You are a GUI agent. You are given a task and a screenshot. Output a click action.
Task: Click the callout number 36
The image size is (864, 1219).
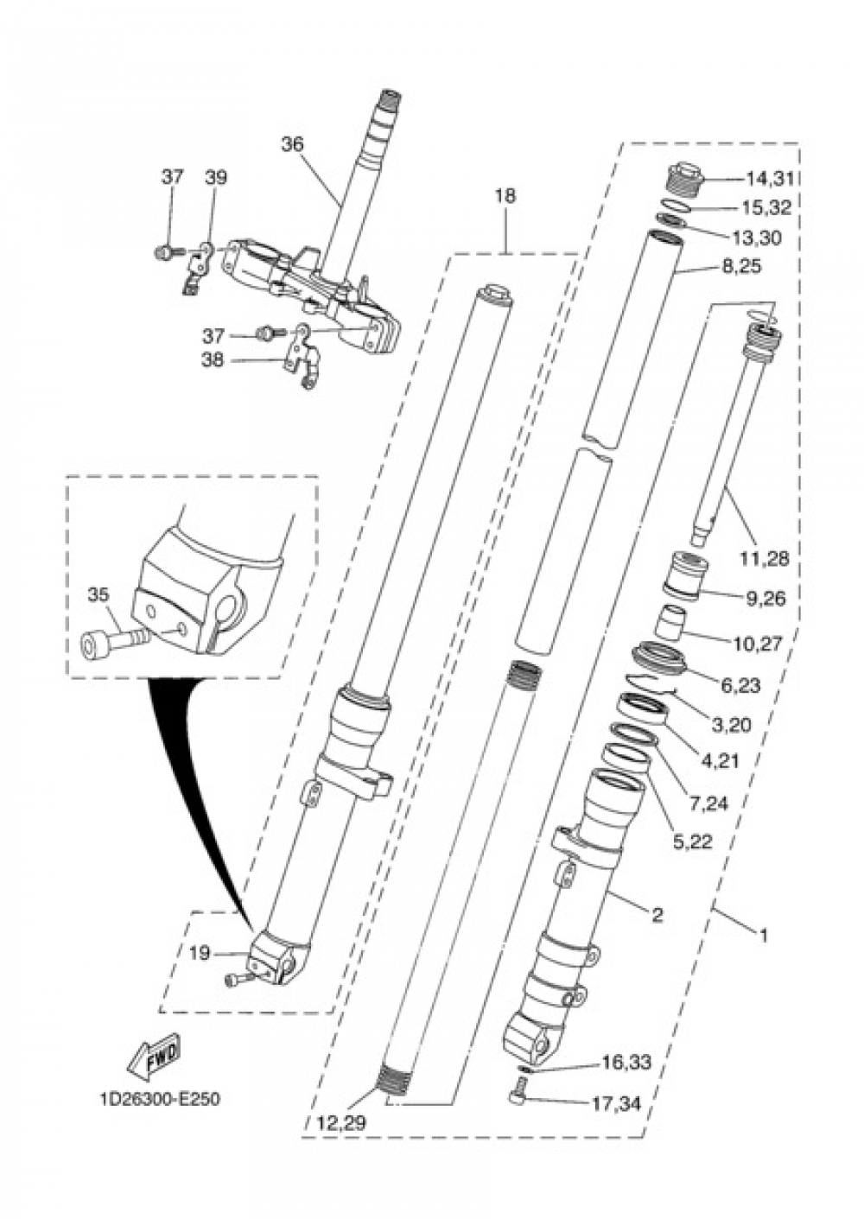pos(293,144)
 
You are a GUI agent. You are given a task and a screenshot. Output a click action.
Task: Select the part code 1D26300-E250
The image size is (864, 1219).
pos(160,1100)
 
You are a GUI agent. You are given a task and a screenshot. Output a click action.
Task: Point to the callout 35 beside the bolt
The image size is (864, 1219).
pos(98,594)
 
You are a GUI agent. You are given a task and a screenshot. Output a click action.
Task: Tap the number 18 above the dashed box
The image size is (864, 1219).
pos(505,196)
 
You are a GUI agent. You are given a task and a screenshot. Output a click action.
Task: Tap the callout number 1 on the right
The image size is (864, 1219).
pos(764,935)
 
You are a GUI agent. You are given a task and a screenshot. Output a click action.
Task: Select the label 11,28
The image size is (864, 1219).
pos(763,559)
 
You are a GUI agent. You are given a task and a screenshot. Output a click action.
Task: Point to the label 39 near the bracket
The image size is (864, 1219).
pos(216,177)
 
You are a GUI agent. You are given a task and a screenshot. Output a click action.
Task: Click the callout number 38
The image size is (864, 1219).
pos(213,359)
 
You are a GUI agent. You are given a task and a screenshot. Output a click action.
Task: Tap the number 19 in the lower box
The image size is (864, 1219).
pos(200,954)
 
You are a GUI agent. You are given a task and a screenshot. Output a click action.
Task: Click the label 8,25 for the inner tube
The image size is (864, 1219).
pos(740,267)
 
